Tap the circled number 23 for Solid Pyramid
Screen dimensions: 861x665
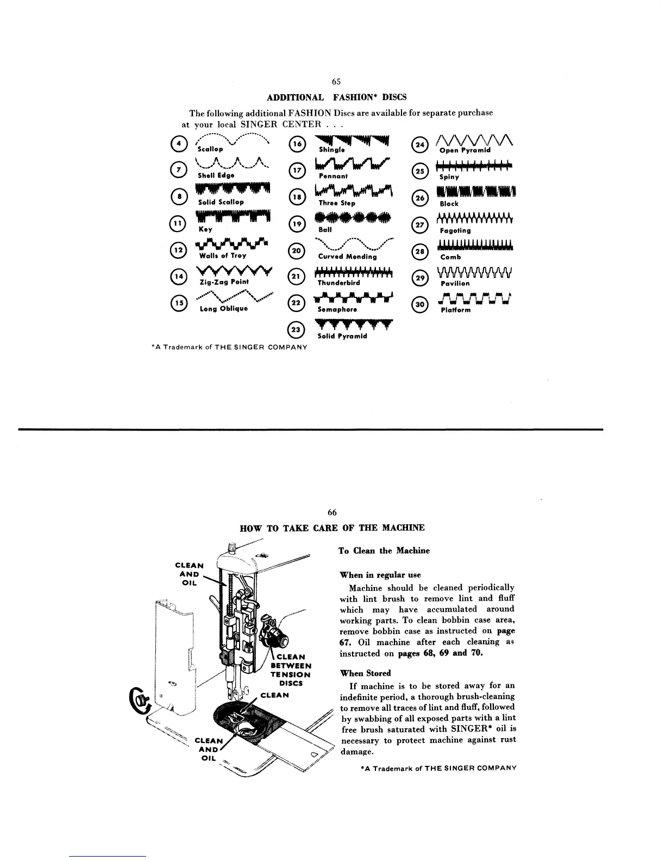click(x=296, y=330)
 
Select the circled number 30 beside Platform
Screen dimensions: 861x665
click(x=421, y=305)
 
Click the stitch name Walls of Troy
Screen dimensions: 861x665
click(x=223, y=256)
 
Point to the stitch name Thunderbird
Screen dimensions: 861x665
click(x=338, y=283)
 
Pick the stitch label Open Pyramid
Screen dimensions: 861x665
click(x=465, y=151)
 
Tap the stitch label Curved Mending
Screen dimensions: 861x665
click(x=347, y=257)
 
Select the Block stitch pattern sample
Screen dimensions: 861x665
click(x=476, y=192)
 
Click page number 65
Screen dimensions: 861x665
click(x=336, y=82)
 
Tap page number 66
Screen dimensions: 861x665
click(x=332, y=513)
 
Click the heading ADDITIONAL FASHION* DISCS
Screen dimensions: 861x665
click(x=337, y=97)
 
